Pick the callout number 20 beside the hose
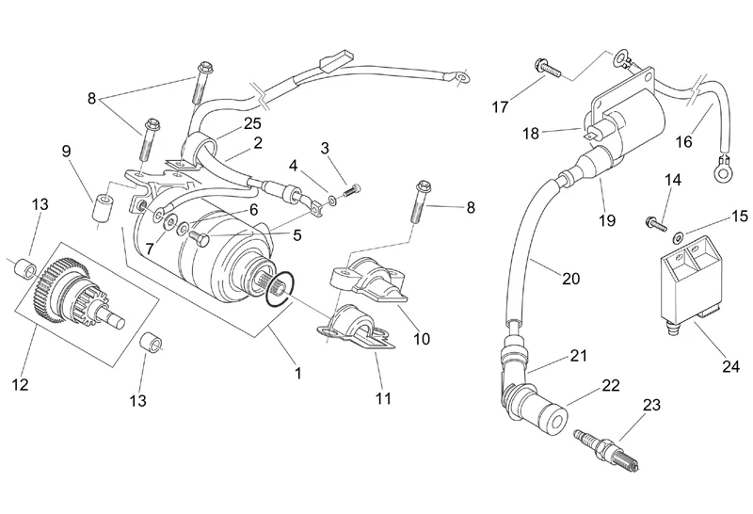(x=571, y=278)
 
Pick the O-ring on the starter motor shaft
(x=282, y=290)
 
